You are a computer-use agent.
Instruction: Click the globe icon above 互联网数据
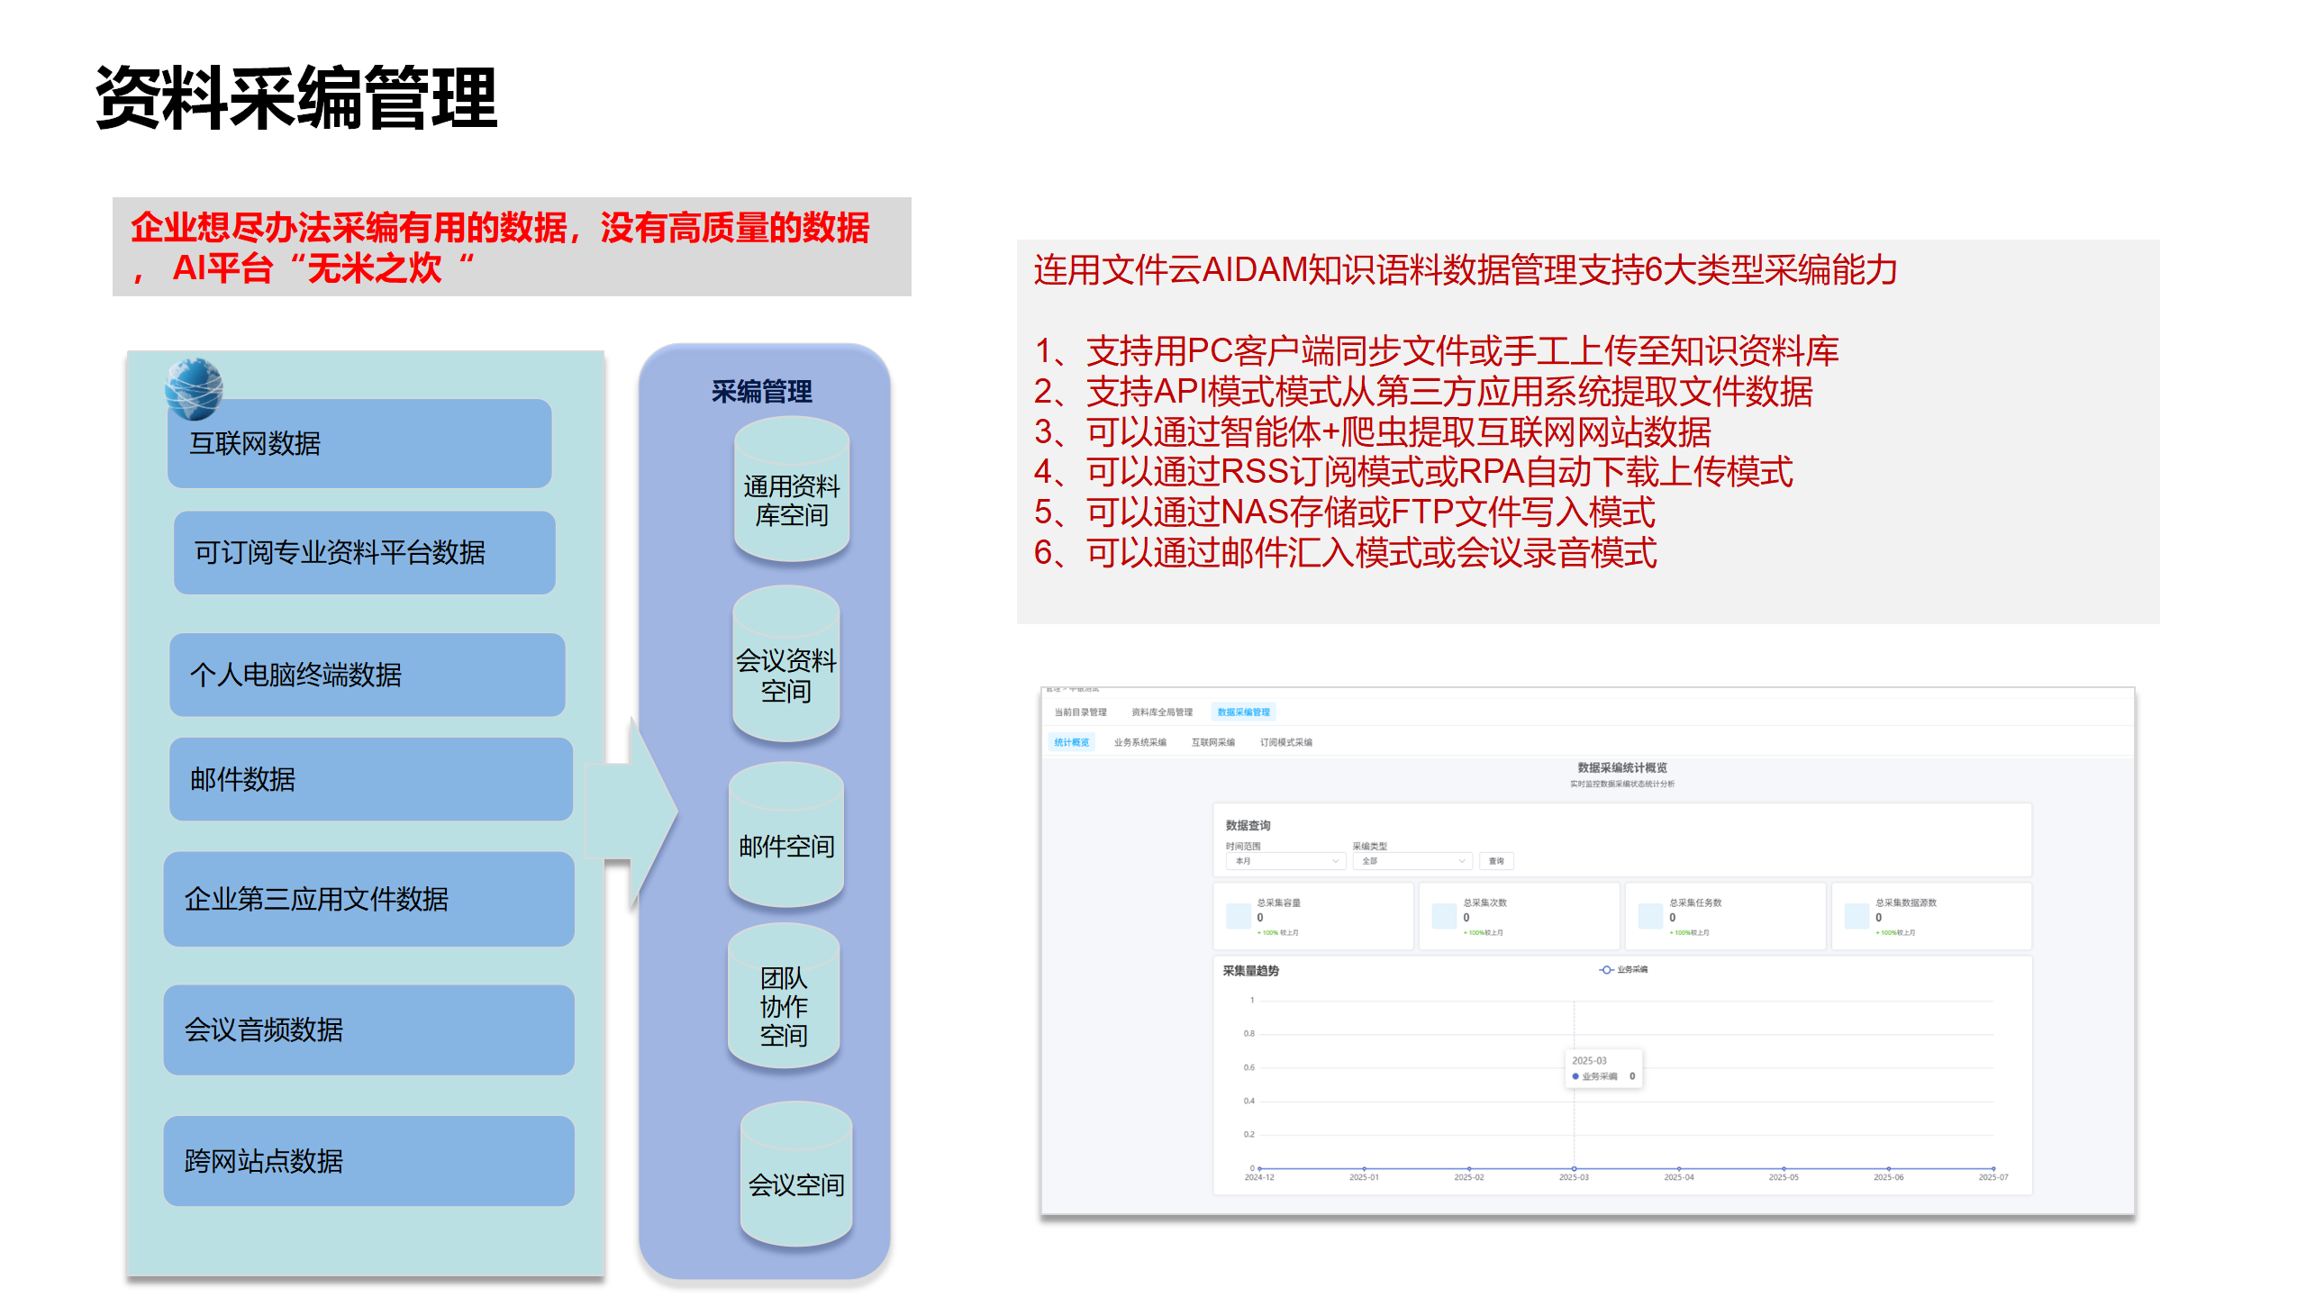tap(194, 389)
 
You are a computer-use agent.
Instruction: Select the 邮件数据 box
tap(370, 779)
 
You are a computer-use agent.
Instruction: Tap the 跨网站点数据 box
tap(368, 1161)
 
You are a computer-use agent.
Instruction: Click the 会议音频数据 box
tap(368, 1029)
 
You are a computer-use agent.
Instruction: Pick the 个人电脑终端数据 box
tap(367, 675)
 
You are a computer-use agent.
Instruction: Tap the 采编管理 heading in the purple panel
tap(762, 392)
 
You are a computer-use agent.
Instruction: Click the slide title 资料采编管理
tap(296, 98)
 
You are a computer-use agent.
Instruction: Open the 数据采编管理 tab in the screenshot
tap(1243, 712)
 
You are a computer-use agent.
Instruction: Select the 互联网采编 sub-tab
tap(1212, 743)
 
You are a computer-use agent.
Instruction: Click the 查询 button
tap(1496, 862)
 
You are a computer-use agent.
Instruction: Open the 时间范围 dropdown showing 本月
tap(1285, 862)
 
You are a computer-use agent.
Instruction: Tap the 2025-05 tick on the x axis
tap(1783, 1177)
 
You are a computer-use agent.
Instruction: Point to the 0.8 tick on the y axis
tap(1249, 1034)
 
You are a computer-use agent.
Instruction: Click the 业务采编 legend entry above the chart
tap(1624, 970)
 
